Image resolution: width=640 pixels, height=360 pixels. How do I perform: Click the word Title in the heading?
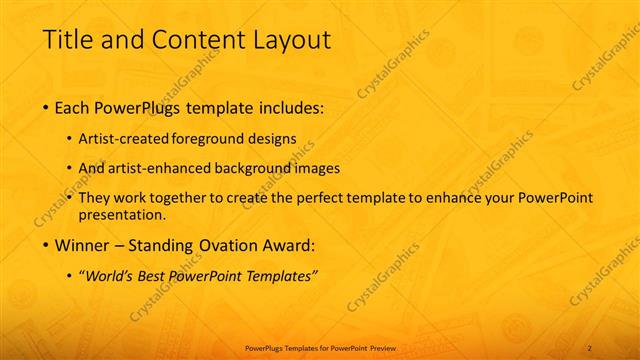click(67, 40)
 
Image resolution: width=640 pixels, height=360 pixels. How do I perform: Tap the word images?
click(318, 168)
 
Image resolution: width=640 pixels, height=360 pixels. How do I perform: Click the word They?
click(107, 198)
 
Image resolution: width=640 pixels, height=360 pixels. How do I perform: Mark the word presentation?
click(128, 214)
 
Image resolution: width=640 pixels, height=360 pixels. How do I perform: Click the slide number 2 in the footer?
click(590, 347)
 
